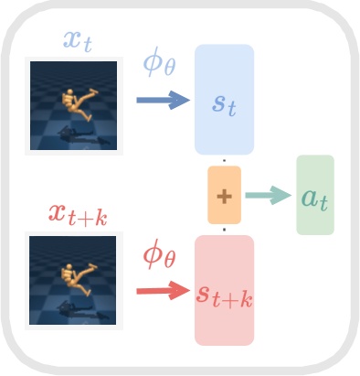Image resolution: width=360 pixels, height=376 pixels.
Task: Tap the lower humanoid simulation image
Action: point(72,280)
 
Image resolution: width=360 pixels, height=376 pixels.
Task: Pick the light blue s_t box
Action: point(224,99)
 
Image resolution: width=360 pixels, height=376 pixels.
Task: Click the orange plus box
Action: point(224,195)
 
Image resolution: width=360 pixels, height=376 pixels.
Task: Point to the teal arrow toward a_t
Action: point(267,195)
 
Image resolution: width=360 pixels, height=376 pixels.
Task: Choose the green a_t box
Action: point(315,195)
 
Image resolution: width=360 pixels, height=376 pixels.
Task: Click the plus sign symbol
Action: point(224,195)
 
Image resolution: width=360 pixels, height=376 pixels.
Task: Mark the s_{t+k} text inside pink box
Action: point(224,295)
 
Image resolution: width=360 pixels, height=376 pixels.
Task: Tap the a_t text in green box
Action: point(315,197)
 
